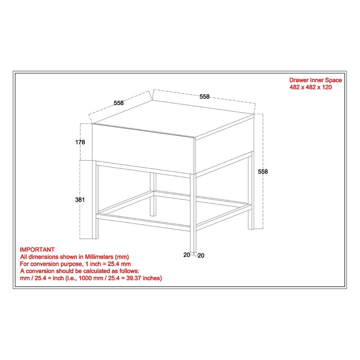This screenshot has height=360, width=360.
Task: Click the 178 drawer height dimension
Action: [80, 142]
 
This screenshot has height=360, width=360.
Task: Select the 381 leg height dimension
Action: [80, 199]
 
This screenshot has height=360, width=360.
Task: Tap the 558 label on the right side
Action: [263, 171]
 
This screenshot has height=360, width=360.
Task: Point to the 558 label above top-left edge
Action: [118, 103]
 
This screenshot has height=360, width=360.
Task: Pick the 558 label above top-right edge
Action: [204, 96]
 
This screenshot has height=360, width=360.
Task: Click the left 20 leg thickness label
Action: [186, 255]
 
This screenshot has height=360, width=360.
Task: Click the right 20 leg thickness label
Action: [201, 256]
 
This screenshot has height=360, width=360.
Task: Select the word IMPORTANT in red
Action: [37, 249]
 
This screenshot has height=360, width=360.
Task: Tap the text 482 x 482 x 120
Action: [310, 87]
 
